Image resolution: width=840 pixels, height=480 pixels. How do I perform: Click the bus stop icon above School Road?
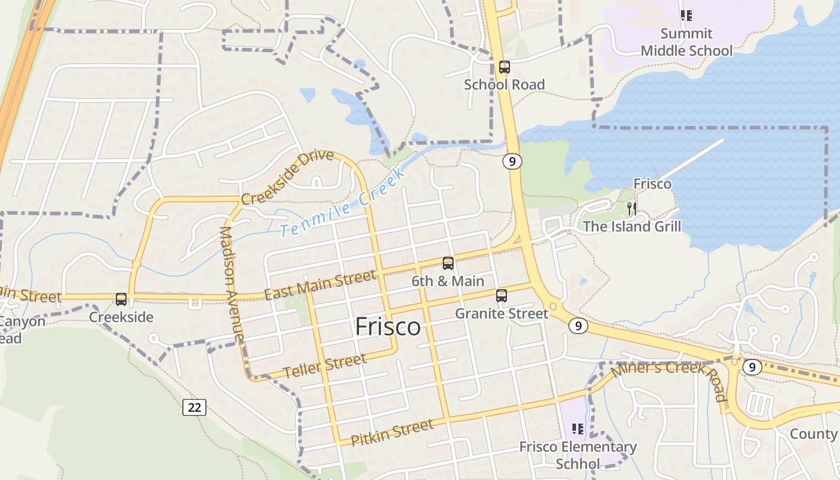click(504, 67)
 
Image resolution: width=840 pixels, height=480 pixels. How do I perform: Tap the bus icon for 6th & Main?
click(448, 263)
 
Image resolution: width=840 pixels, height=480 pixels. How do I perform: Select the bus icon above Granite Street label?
click(502, 296)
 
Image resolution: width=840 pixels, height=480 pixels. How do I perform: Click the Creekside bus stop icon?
click(121, 299)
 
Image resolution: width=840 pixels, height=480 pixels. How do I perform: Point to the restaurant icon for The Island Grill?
click(631, 209)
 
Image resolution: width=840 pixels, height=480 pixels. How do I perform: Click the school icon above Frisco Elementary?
click(578, 429)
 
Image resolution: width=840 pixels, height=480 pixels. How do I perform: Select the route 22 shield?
click(194, 407)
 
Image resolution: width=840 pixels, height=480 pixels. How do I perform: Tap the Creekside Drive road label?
click(287, 177)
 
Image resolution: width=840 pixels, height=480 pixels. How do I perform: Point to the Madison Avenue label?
click(232, 284)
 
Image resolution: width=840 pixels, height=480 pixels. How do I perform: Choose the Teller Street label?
click(325, 366)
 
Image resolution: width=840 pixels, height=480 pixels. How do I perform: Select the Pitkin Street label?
click(392, 433)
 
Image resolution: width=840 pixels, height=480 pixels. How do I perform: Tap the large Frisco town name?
click(388, 327)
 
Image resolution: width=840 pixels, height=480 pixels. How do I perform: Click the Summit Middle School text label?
click(686, 42)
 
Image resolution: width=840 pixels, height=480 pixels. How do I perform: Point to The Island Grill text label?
click(632, 227)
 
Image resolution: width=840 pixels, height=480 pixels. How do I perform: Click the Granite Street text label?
click(502, 314)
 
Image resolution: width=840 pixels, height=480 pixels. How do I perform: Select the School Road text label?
click(504, 85)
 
